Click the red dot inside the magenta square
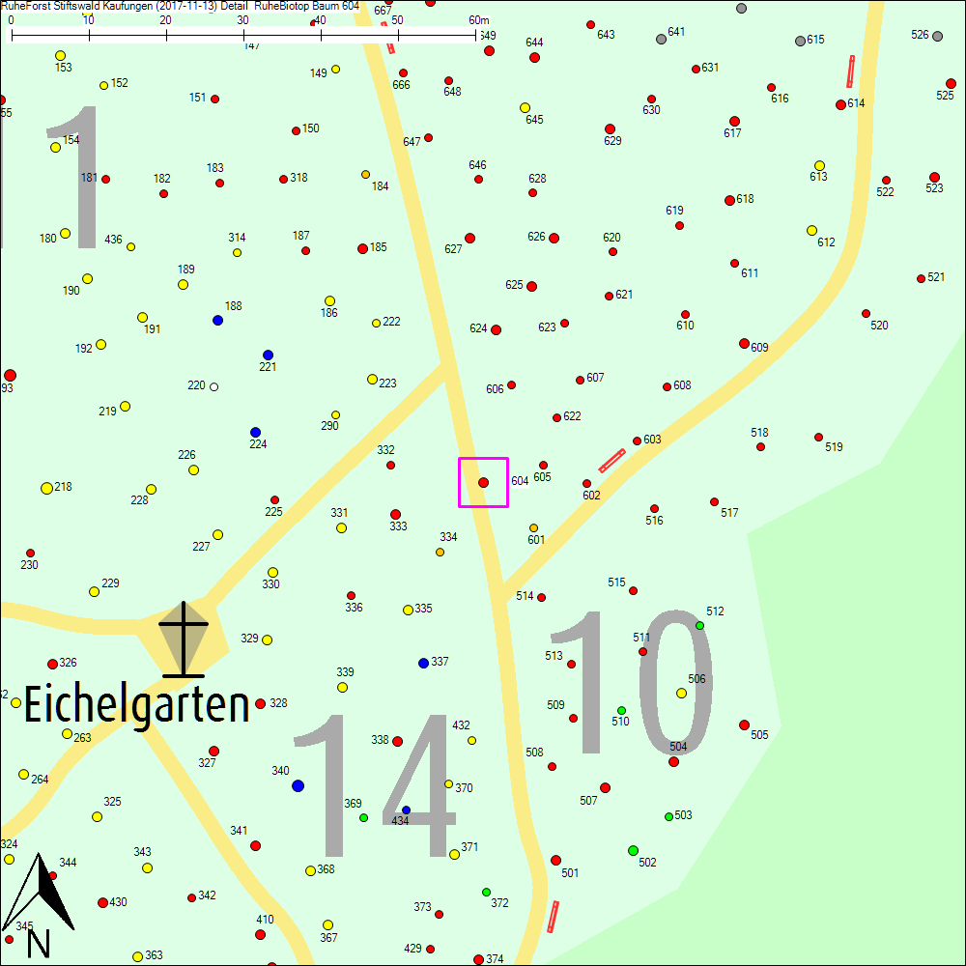pyautogui.click(x=483, y=482)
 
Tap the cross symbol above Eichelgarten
pyautogui.click(x=183, y=639)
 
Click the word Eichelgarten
pyautogui.click(x=136, y=704)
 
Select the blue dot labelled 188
pyautogui.click(x=217, y=320)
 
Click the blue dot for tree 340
pyautogui.click(x=298, y=785)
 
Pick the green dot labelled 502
pyautogui.click(x=633, y=850)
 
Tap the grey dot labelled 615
pyautogui.click(x=800, y=41)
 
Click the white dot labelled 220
pyautogui.click(x=213, y=386)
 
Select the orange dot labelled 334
pyautogui.click(x=440, y=552)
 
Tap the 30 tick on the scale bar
pyautogui.click(x=243, y=35)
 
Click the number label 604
pyautogui.click(x=520, y=481)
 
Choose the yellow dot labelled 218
pyautogui.click(x=46, y=488)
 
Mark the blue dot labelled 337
pyautogui.click(x=423, y=663)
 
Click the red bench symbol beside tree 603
pyautogui.click(x=611, y=461)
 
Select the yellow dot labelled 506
pyautogui.click(x=681, y=693)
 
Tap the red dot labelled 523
pyautogui.click(x=934, y=177)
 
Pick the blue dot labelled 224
pyautogui.click(x=255, y=432)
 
